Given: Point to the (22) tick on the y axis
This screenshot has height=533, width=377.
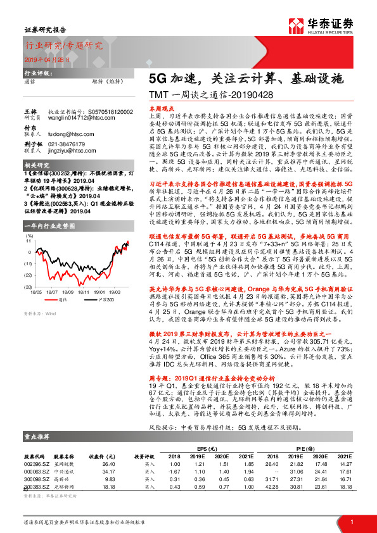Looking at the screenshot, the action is (29, 275).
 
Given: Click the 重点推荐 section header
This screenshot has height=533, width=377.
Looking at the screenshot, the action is (37, 437).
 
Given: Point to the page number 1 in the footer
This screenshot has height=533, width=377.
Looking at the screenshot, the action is (351, 522).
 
